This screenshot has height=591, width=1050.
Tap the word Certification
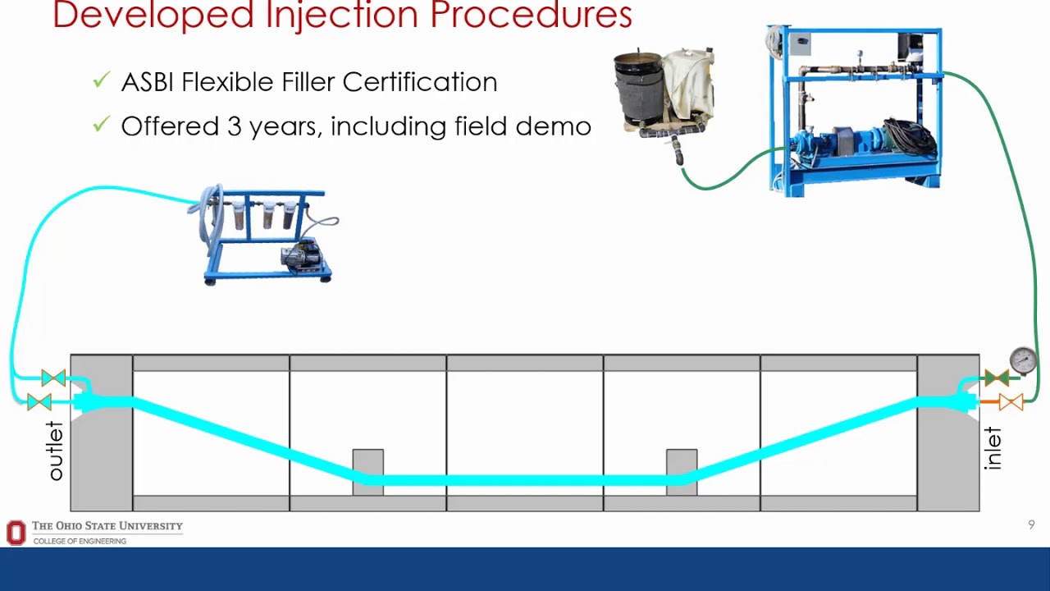[419, 82]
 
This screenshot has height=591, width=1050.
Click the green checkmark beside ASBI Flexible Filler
[101, 80]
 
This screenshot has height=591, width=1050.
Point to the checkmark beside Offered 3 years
[101, 125]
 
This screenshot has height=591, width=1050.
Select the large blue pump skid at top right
[855, 110]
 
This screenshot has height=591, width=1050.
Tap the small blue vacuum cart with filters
[267, 236]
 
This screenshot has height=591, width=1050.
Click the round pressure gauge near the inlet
[1023, 360]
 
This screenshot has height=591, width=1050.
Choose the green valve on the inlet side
[997, 378]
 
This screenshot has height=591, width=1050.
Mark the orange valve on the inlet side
[1011, 402]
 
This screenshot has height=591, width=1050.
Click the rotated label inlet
[993, 448]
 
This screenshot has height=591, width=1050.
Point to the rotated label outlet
[55, 451]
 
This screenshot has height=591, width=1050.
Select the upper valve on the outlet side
[53, 378]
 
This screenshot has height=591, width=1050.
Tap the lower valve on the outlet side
[39, 402]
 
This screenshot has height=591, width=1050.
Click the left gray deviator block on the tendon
[367, 471]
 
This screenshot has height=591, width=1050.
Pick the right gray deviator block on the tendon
[682, 471]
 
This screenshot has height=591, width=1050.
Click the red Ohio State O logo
[16, 533]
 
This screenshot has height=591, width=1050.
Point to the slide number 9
[1031, 525]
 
